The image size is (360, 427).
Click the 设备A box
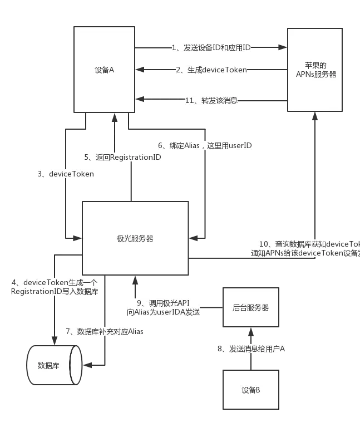point(105,70)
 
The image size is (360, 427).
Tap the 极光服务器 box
point(135,238)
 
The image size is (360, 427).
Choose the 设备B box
point(251,390)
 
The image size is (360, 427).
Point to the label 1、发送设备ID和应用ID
point(211,48)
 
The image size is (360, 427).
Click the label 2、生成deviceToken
point(211,70)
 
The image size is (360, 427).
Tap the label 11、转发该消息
point(211,101)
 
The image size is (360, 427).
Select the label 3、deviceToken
point(66,174)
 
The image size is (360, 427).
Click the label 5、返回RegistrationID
point(122,158)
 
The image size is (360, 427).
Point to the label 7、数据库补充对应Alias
point(104,331)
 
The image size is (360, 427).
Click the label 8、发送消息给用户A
point(250,349)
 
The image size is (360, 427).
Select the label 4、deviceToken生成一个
point(54,282)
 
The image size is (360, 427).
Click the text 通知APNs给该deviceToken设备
point(305,253)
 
